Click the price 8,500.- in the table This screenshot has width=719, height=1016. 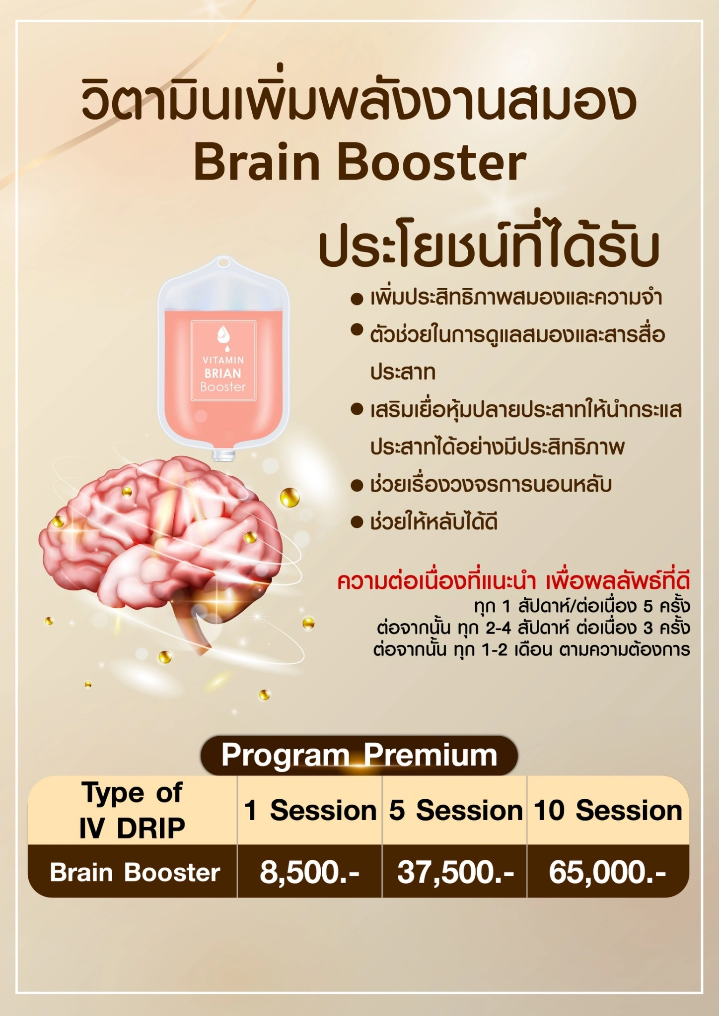[x=309, y=873]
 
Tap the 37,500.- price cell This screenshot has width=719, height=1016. [x=455, y=873]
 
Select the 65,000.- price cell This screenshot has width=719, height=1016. [x=607, y=873]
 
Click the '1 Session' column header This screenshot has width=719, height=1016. [x=310, y=810]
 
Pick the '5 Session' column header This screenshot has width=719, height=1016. [x=455, y=810]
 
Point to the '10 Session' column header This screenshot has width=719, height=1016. [x=608, y=810]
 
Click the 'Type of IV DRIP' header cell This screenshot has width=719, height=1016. [x=132, y=810]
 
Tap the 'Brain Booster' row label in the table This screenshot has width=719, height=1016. [x=135, y=873]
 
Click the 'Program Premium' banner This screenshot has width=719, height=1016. [x=359, y=755]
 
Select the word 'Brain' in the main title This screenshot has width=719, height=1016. [x=257, y=163]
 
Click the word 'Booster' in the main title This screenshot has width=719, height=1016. [x=432, y=163]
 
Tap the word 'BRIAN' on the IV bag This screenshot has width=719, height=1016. [x=223, y=374]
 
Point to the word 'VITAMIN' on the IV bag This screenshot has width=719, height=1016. [x=223, y=360]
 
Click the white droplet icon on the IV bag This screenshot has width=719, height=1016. [x=223, y=335]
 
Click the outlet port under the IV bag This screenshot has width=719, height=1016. [x=223, y=454]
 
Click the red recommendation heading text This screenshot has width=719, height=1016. [x=513, y=581]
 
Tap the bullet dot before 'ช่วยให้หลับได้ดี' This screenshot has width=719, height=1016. [x=357, y=522]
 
